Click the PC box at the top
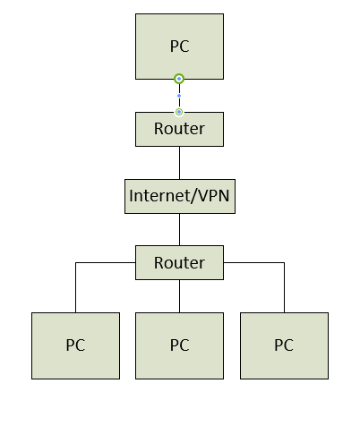[179, 46]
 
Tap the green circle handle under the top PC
[179, 79]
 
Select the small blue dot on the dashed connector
[179, 95]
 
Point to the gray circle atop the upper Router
[179, 112]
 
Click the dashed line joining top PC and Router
[179, 88]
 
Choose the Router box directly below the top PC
[179, 129]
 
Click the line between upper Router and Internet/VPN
[179, 162]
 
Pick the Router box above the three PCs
[179, 263]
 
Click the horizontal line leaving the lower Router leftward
[105, 263]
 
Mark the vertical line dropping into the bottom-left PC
[75, 288]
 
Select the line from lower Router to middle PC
[179, 296]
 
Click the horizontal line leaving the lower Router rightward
[253, 263]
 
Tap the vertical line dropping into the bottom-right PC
[284, 288]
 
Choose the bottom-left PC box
[75, 345]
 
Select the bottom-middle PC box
[179, 345]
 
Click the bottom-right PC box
[284, 345]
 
